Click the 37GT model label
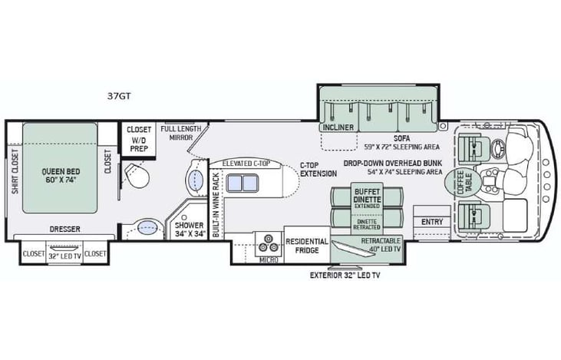120,96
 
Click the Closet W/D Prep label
139,140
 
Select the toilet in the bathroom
139,180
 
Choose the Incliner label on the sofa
338,127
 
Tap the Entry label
431,222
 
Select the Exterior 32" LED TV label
345,275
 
